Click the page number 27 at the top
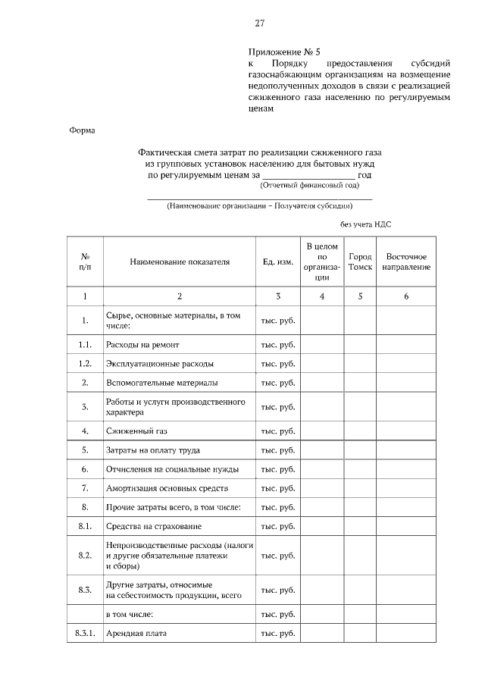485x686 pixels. [x=259, y=23]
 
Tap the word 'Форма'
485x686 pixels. [x=82, y=130]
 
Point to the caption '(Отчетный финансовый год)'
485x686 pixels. [x=309, y=185]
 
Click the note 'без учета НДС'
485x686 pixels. [x=365, y=224]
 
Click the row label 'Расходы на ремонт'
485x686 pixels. [x=143, y=344]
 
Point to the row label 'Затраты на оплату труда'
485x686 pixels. [x=153, y=450]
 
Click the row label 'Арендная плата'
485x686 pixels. [x=136, y=633]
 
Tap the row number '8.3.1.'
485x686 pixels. [x=85, y=633]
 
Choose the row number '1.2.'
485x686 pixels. [x=85, y=363]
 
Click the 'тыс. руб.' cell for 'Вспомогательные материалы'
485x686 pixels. [x=277, y=383]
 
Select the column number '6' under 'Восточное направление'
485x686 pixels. [x=406, y=296]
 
